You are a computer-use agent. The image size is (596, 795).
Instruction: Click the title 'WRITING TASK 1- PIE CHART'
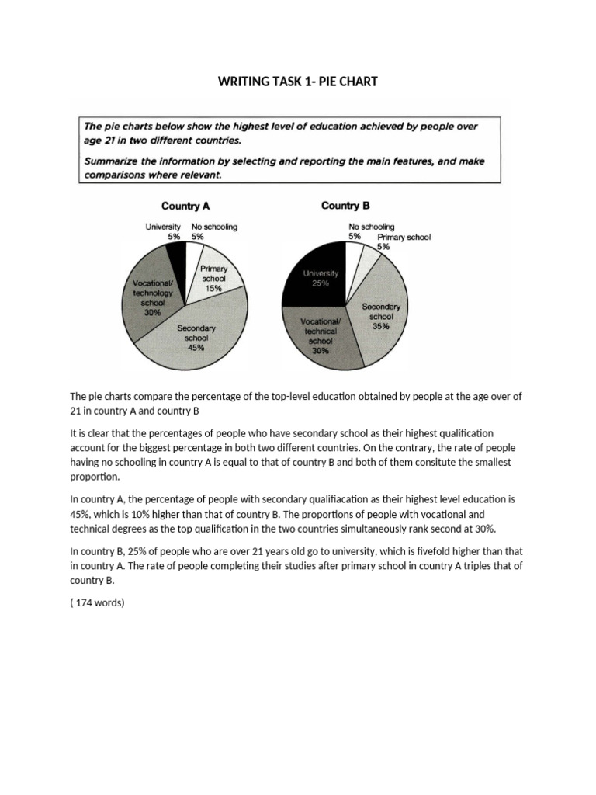[297, 82]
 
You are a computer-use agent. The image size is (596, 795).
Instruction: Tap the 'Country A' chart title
[185, 206]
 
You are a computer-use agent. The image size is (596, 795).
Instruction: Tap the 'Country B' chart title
[345, 206]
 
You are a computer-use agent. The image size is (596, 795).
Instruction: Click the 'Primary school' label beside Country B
[404, 238]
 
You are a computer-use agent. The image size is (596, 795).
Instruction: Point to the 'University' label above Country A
[163, 227]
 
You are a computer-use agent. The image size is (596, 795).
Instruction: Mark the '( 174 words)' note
[97, 600]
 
